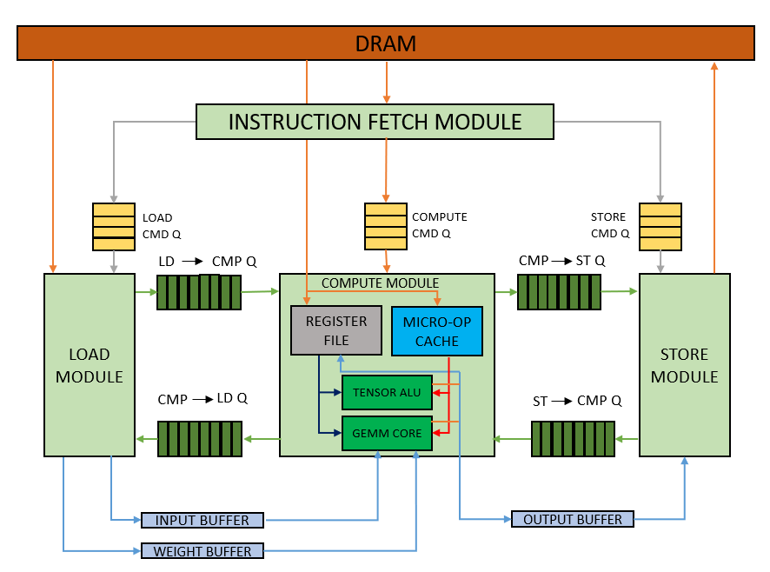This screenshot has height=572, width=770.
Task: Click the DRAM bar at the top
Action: point(385,43)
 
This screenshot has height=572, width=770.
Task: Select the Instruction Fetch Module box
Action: point(375,122)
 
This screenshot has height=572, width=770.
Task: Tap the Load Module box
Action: point(90,365)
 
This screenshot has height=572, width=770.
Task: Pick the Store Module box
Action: point(685,365)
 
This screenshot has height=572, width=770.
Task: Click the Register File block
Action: point(336,330)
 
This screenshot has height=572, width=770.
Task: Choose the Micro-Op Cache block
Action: point(436,331)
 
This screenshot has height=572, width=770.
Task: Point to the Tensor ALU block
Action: point(387,393)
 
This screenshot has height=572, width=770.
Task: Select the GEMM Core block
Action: point(387,433)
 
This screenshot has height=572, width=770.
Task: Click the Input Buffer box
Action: point(202,521)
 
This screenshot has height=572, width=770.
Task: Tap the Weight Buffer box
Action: point(202,551)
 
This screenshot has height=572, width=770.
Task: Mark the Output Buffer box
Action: point(572,520)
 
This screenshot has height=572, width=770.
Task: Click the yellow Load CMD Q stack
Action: point(114,226)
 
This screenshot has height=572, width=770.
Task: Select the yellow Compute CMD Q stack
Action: point(385,226)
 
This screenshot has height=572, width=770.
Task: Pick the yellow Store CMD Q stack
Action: point(660,226)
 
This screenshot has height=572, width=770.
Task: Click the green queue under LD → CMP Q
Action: point(199,292)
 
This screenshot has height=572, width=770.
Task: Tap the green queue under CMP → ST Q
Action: point(559,292)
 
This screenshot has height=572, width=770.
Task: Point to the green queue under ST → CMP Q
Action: point(573,439)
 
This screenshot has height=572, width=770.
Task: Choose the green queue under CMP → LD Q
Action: point(199,439)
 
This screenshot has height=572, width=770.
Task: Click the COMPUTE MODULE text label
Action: point(380,283)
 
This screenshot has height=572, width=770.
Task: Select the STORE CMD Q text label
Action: point(609,225)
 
